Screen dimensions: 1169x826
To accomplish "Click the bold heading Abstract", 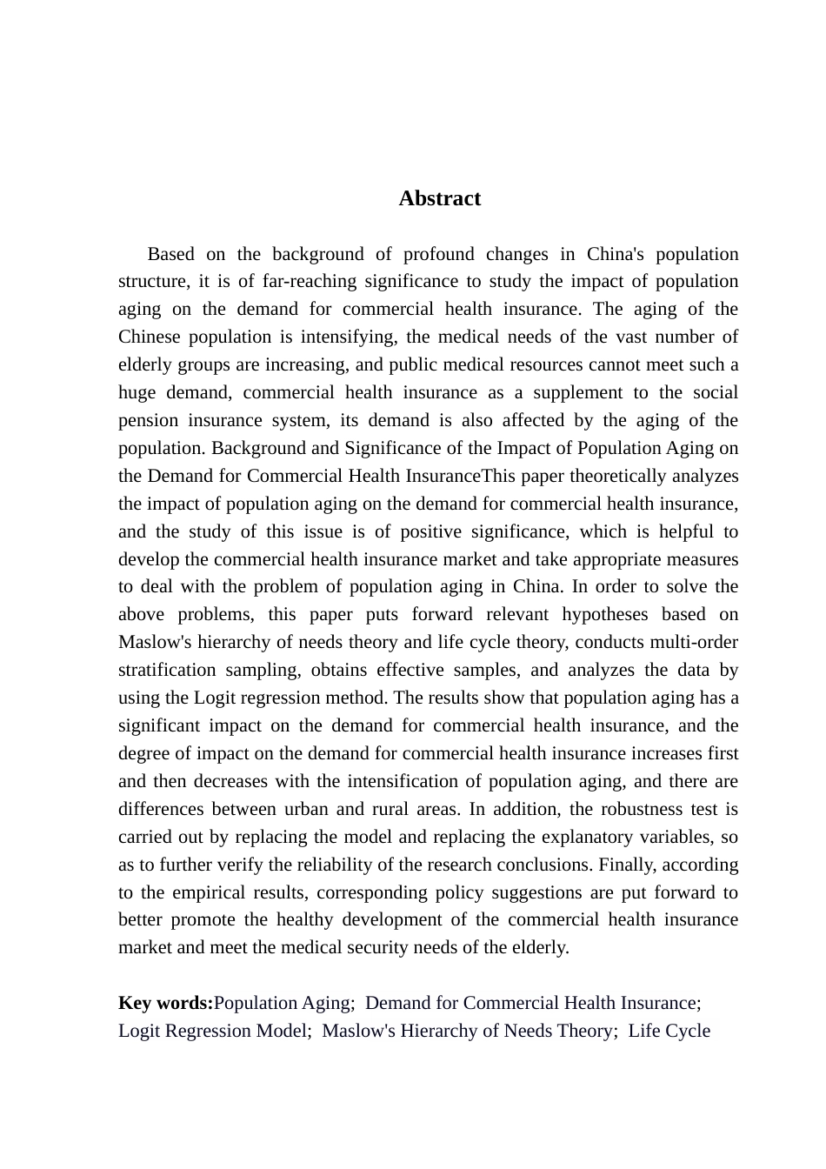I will (439, 198).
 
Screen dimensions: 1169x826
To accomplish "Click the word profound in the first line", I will (439, 254).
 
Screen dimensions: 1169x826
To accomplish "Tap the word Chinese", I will (149, 337).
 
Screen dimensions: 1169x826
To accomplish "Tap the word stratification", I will (167, 670).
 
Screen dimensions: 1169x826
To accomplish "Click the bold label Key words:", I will (165, 1003).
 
